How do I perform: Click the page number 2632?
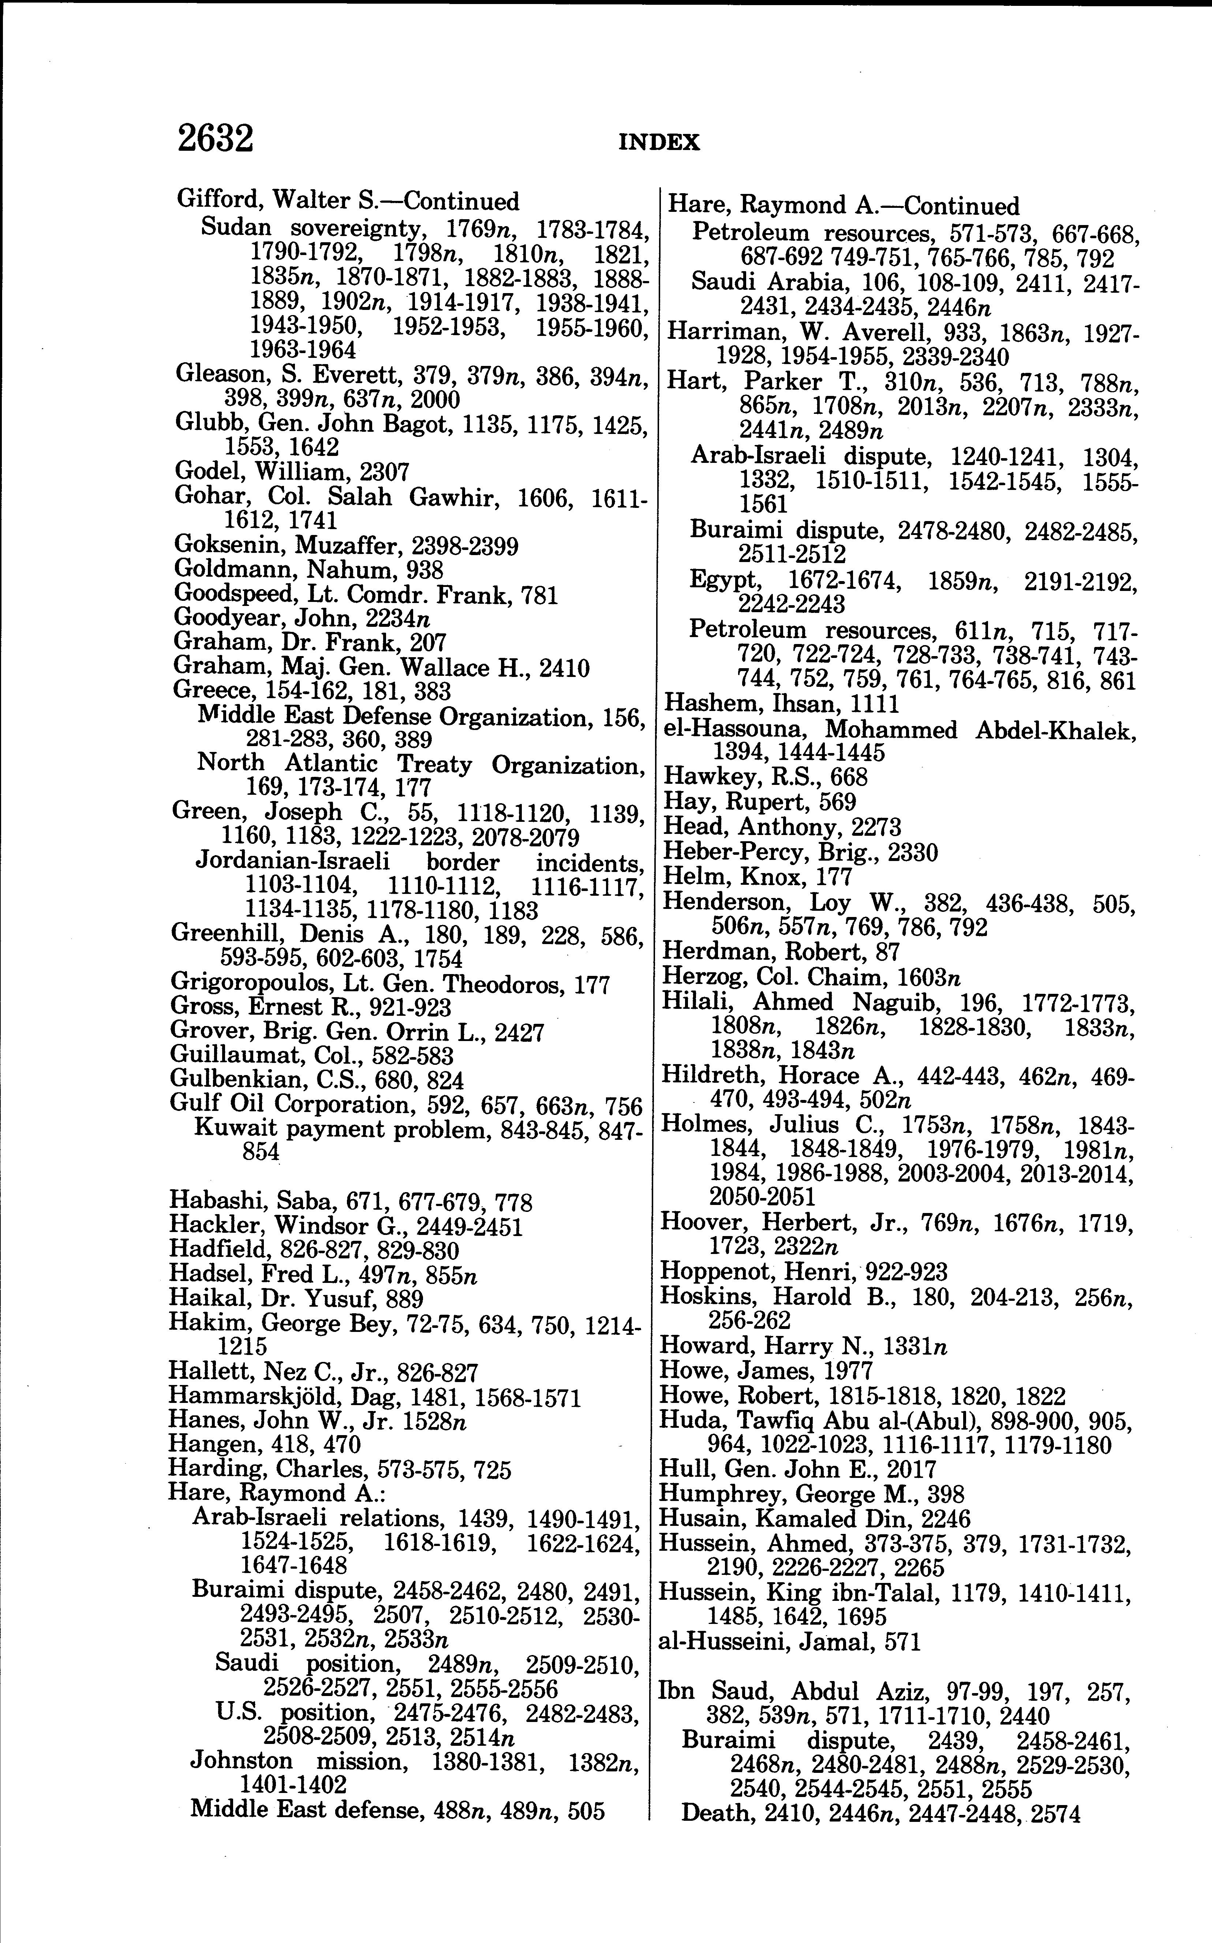click(x=215, y=138)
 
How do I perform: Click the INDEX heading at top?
click(x=659, y=143)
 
